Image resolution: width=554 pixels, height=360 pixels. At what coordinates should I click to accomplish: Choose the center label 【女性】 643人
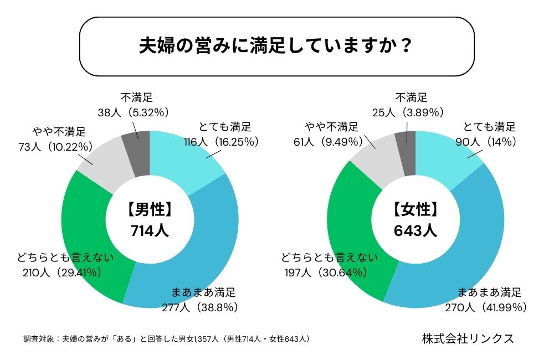click(416, 219)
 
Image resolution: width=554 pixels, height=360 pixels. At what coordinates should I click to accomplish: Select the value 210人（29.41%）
click(61, 272)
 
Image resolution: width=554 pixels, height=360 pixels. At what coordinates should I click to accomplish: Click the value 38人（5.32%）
click(132, 112)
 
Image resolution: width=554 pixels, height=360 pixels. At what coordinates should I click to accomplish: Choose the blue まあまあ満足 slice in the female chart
click(471, 244)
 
